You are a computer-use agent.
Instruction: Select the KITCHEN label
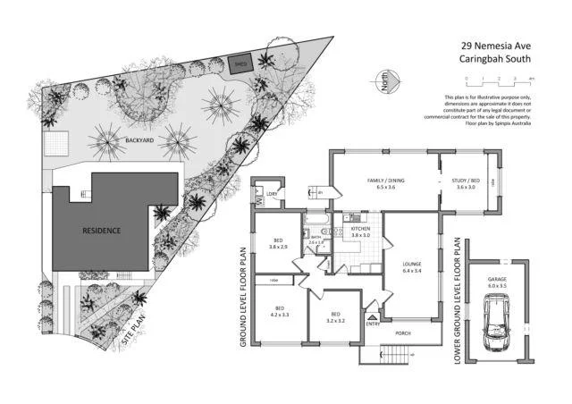(x=360, y=230)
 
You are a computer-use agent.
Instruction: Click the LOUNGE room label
(x=411, y=266)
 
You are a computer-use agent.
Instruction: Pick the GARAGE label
(x=497, y=281)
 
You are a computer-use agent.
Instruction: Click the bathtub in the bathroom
(x=316, y=219)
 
